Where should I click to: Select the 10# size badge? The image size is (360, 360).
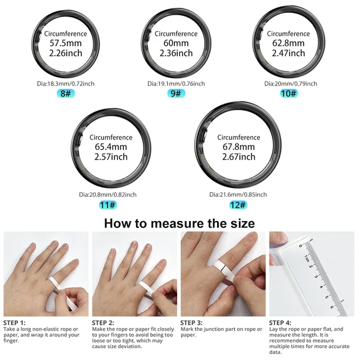289,93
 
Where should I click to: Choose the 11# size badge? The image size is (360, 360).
107,205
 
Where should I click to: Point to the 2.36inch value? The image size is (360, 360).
176,53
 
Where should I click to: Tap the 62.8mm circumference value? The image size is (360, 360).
289,43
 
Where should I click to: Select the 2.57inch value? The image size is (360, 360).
111,157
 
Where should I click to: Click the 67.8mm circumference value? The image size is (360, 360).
238,147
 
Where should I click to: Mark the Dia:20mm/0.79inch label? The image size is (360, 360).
290,83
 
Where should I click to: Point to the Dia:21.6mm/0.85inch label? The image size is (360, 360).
238,195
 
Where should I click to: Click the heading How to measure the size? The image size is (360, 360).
179,223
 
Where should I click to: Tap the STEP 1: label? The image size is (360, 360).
16,323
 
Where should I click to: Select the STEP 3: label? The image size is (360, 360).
192,323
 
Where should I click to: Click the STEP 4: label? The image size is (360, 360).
282,323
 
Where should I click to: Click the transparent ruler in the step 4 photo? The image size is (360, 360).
315,276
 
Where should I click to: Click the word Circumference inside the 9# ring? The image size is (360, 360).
176,33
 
